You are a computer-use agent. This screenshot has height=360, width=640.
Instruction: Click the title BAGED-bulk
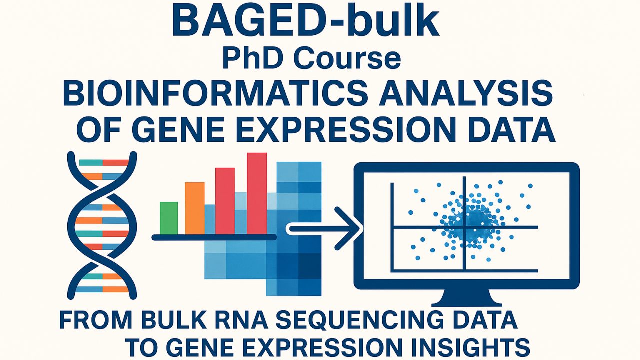(x=305, y=22)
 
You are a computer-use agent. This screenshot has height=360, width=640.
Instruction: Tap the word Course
(x=347, y=59)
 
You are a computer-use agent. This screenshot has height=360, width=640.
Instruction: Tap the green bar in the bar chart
(x=169, y=218)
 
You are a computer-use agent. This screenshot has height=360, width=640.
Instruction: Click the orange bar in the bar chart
(x=195, y=208)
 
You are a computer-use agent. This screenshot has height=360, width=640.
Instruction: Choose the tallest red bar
(x=257, y=193)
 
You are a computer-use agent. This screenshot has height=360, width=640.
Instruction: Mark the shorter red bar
(x=225, y=201)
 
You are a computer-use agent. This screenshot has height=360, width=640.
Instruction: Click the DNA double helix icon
(x=102, y=225)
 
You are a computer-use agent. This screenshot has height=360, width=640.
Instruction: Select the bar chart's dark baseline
(x=214, y=237)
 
